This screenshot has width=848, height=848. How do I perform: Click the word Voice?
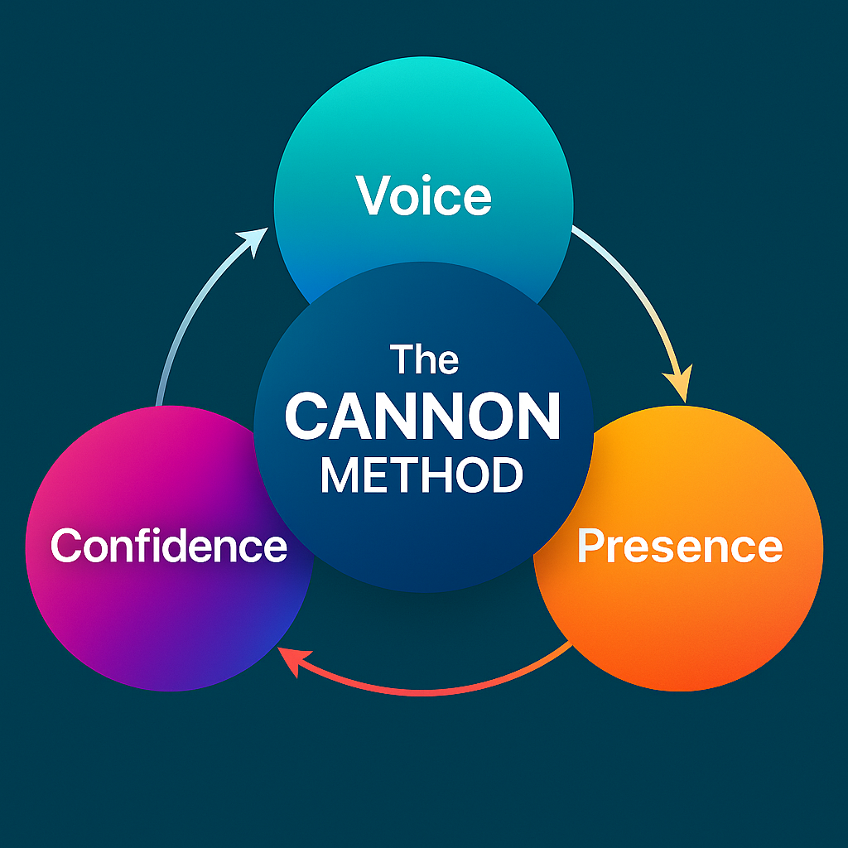pos(424,196)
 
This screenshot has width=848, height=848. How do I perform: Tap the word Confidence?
pos(169,546)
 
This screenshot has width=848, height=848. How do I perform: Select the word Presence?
pos(679,546)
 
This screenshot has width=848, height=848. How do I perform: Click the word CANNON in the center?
pos(423,418)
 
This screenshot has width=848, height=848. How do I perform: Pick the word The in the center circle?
pos(424,360)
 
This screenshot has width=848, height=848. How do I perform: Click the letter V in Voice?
pos(372,196)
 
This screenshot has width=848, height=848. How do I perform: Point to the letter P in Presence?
pos(590,546)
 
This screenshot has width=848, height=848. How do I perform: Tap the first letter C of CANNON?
pos(307,418)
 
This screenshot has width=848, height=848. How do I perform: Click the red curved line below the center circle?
pos(431,690)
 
